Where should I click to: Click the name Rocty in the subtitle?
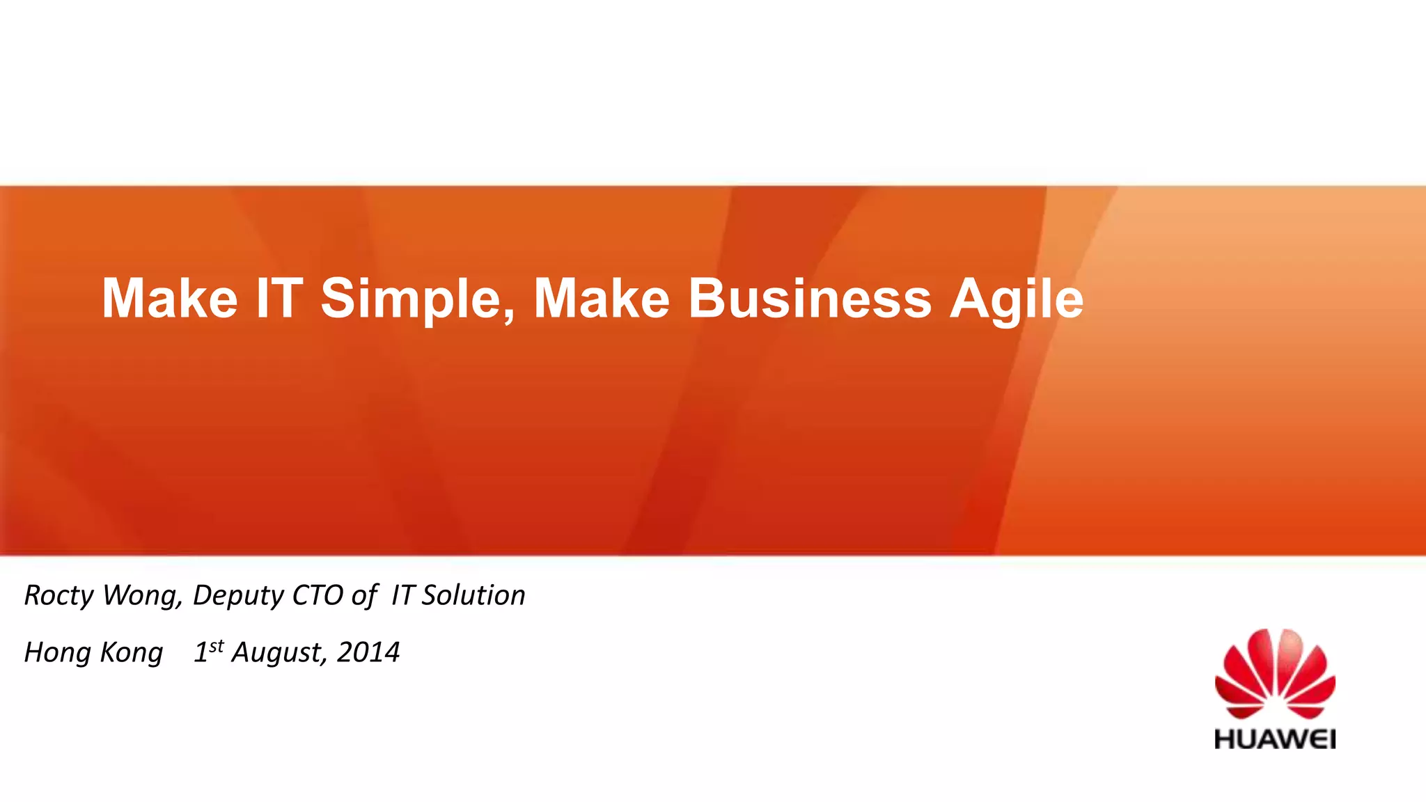(x=58, y=596)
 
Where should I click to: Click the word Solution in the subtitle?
(x=473, y=596)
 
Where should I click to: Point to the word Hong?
(x=58, y=653)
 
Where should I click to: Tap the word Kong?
(x=132, y=653)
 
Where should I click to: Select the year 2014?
(x=368, y=652)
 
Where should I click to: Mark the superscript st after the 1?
(x=217, y=645)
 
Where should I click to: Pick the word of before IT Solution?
(x=363, y=596)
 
